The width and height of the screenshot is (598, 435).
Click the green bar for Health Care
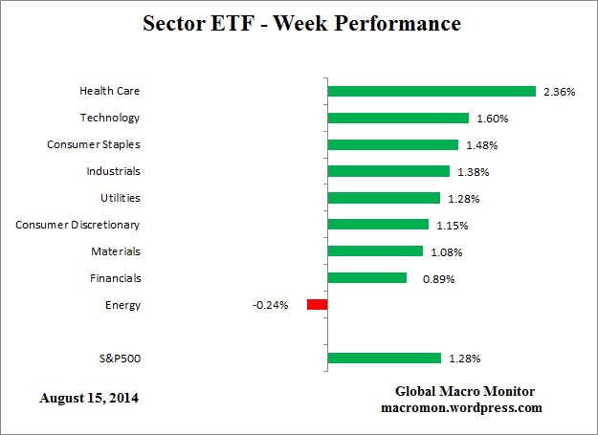pos(431,92)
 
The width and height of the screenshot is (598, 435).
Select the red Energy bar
pos(317,305)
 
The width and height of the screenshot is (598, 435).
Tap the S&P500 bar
pos(384,359)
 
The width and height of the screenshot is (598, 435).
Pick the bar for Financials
pos(366,278)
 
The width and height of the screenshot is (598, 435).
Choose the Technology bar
pos(397,119)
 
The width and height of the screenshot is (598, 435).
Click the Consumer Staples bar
pos(392,145)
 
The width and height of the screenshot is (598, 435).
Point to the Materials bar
pos(374,251)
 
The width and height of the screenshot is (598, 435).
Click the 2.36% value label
pos(560,93)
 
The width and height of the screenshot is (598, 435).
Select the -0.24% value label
pos(270,306)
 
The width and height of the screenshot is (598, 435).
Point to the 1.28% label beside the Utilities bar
pos(462,199)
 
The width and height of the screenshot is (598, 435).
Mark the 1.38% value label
pos(472,172)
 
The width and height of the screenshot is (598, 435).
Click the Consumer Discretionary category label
pos(78,225)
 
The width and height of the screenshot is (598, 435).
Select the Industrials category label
pos(114,171)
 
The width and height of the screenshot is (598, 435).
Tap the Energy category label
pos(122,305)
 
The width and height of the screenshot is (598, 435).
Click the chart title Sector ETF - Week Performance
pos(301,23)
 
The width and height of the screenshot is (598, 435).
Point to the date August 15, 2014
pos(89,397)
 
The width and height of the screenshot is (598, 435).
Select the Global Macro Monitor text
pos(464,392)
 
